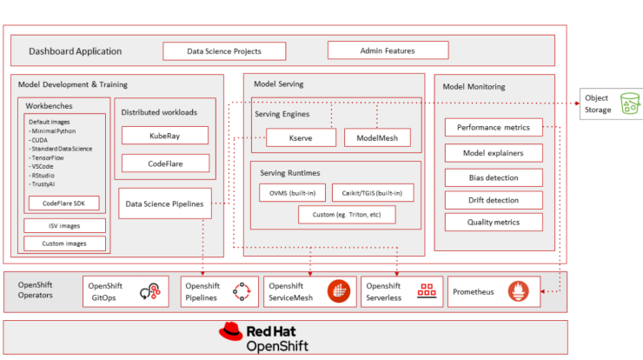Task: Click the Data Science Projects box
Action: pos(224,51)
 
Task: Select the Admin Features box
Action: pos(388,50)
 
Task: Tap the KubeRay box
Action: pos(165,136)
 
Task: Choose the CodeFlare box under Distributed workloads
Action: pos(165,163)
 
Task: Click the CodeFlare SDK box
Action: pos(64,203)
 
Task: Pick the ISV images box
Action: pos(64,226)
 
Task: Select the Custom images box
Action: pos(64,243)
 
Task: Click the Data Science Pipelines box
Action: pos(165,203)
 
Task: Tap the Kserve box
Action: pos(301,138)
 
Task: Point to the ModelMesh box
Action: pos(377,138)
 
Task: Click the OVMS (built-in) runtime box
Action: pos(292,193)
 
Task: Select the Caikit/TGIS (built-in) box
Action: pos(373,193)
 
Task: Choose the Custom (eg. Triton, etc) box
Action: pos(347,215)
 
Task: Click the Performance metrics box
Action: pos(494,127)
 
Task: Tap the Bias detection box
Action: pos(494,177)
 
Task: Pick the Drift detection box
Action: pos(494,200)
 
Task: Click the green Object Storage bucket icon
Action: pos(630,103)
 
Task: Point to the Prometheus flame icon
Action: pos(519,291)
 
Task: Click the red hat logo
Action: pos(230,331)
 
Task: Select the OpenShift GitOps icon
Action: pos(150,292)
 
